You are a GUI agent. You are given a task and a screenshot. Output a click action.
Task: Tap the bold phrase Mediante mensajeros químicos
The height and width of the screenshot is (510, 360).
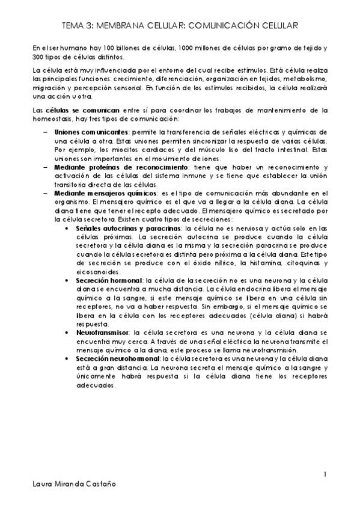click(x=102, y=192)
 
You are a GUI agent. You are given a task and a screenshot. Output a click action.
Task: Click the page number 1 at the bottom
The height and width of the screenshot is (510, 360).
click(x=325, y=475)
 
